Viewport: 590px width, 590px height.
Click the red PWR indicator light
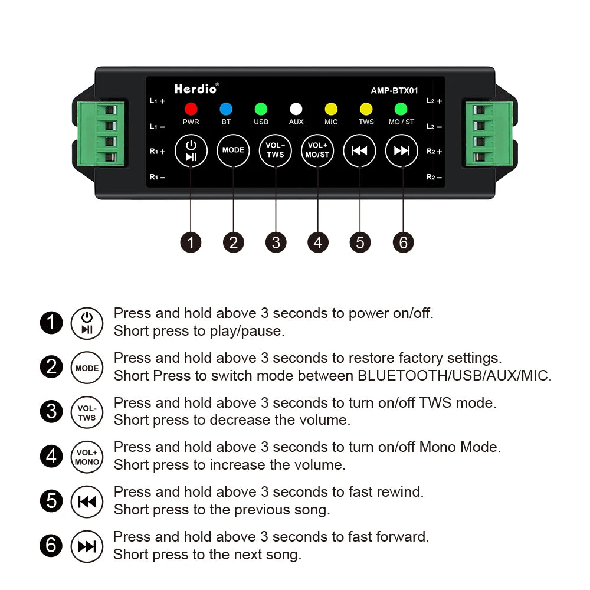(x=191, y=109)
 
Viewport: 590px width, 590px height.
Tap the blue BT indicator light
(x=226, y=109)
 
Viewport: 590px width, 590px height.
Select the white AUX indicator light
(x=296, y=109)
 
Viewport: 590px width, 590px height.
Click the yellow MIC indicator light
(x=331, y=109)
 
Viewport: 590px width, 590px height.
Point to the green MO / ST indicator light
(x=401, y=109)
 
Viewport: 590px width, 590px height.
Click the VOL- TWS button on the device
(x=276, y=150)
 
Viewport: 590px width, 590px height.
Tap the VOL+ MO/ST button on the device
(x=318, y=150)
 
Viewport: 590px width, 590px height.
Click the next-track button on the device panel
(x=402, y=150)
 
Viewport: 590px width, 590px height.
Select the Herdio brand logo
(x=196, y=89)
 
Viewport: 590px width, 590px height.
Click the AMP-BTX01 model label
(x=394, y=91)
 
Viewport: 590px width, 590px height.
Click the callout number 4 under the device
(x=318, y=242)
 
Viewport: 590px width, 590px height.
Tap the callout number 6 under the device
(x=403, y=242)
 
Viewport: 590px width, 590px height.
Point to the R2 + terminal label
(x=434, y=152)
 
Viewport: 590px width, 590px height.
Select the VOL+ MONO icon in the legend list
(x=87, y=457)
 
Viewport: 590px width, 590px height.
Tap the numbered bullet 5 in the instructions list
(x=51, y=501)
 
